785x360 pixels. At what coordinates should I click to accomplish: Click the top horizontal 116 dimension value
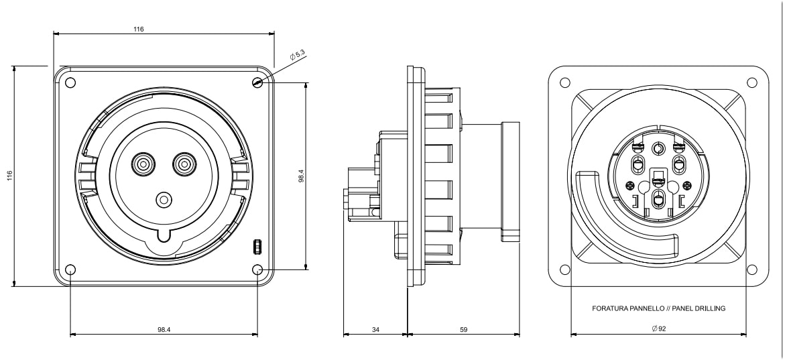point(139,29)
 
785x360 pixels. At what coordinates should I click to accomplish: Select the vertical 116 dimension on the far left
point(10,176)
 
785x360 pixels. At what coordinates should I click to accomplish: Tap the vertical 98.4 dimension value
point(301,176)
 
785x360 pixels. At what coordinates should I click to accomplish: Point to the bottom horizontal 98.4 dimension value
point(164,330)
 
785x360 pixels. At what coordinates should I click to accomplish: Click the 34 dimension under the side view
point(375,330)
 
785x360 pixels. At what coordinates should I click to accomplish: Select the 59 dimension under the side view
point(464,330)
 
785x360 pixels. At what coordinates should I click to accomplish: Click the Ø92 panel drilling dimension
point(658,329)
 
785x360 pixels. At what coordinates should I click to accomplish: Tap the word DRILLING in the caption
point(710,309)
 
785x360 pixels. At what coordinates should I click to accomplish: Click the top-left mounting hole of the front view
point(70,83)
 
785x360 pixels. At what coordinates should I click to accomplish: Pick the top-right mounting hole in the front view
point(258,83)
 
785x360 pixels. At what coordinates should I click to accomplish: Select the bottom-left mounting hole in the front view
point(70,270)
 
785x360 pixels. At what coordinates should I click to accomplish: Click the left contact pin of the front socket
point(142,163)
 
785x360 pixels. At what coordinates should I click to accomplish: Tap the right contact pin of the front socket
point(182,163)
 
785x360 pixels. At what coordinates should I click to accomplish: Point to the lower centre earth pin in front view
point(163,199)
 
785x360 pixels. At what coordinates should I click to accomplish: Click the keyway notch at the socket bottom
point(164,234)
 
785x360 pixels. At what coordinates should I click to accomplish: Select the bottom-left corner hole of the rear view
point(564,269)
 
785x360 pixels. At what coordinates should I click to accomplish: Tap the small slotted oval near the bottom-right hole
point(256,247)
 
